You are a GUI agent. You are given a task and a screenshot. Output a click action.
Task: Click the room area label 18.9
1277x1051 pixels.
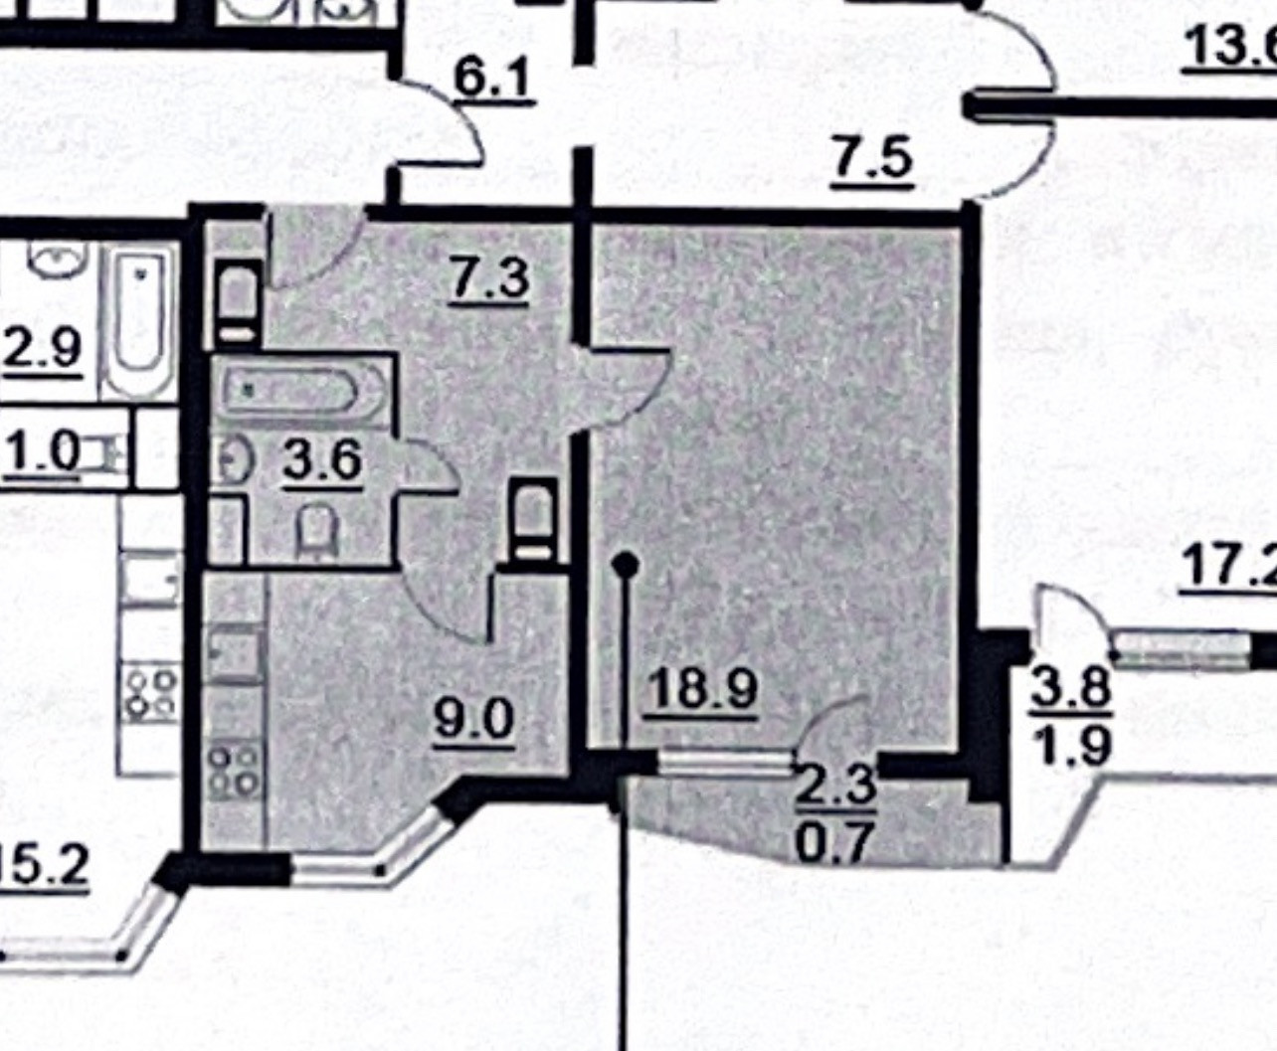[x=701, y=688]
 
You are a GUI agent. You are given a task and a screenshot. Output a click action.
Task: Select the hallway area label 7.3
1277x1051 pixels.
[x=488, y=278]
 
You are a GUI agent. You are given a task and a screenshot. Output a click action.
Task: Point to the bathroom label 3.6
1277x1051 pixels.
[x=321, y=460]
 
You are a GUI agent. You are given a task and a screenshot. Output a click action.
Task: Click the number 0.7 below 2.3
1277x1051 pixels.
[x=836, y=841]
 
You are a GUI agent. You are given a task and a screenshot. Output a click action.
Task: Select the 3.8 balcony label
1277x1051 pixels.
[x=1070, y=688]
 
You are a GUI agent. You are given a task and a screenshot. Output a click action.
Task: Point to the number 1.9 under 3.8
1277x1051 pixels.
[x=1070, y=744]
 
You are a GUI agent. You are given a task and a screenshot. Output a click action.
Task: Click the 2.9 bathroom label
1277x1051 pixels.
[x=42, y=349]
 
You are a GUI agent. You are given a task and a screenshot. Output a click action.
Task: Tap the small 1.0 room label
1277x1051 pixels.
[x=42, y=453]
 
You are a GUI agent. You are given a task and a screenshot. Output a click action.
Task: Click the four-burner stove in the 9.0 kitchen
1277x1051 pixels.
[x=235, y=771]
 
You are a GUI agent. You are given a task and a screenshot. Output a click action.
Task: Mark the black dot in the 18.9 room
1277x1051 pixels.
[x=625, y=566]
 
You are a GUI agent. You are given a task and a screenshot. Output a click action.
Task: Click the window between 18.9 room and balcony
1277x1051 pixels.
[x=725, y=763]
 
